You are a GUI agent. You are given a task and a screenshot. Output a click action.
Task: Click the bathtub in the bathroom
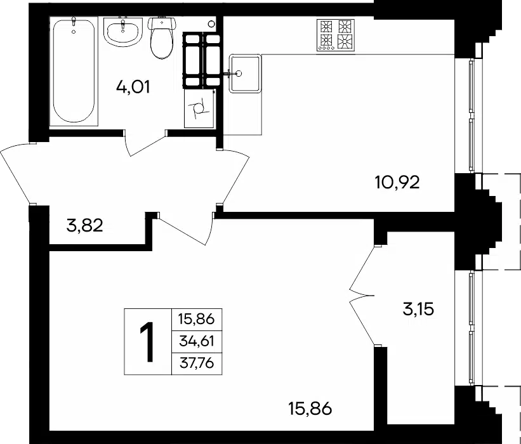[x=74, y=71]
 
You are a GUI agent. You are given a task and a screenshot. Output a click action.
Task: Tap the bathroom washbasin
[x=123, y=32]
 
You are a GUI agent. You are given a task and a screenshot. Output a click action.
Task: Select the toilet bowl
[x=162, y=38]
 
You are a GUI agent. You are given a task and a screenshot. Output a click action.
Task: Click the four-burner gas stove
[x=336, y=35]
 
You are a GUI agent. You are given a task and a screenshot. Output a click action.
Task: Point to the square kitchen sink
[x=245, y=74]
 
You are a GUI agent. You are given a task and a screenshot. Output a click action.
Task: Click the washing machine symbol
[x=199, y=108]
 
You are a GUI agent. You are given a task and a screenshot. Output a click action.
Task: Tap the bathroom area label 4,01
[x=133, y=88]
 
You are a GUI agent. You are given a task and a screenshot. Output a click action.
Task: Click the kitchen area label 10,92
[x=397, y=182]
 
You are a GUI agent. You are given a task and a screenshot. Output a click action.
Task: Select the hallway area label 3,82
[x=85, y=226]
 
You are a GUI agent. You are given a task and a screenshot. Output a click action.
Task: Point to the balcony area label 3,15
[x=418, y=309]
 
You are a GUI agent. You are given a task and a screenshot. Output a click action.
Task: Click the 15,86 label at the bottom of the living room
[x=310, y=408]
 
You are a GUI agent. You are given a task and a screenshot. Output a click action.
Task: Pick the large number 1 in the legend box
[x=147, y=342]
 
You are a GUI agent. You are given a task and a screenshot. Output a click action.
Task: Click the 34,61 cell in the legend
[x=196, y=341]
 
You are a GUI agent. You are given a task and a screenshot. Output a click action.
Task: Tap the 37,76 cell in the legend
[x=196, y=363]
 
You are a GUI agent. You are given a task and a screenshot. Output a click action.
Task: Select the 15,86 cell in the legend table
[x=196, y=319]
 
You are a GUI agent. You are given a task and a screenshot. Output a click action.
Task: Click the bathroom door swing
[x=145, y=143]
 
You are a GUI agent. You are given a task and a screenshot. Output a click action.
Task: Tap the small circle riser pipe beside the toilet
[x=211, y=23]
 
